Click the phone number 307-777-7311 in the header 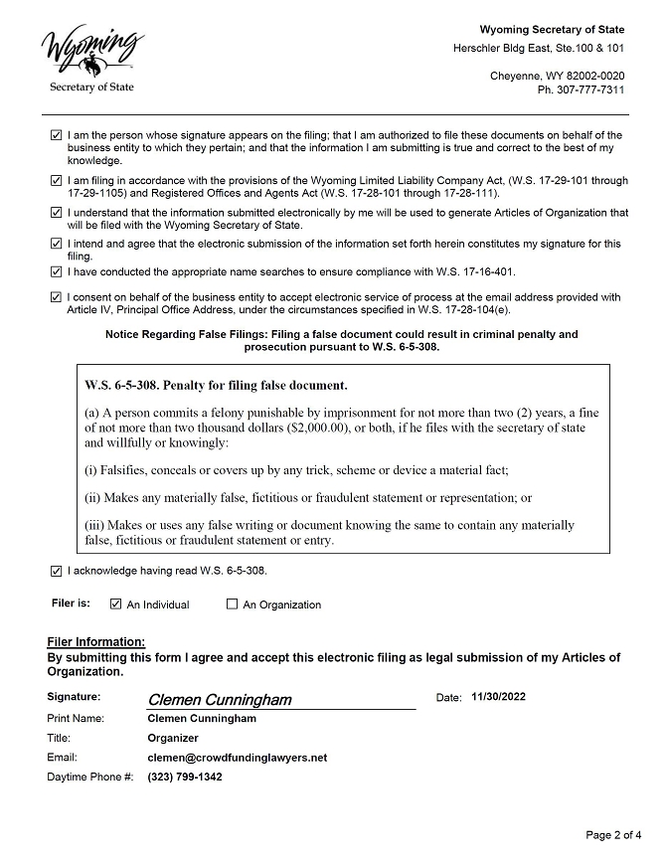click(581, 90)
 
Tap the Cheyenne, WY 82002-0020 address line click(557, 77)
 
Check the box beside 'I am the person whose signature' click(56, 135)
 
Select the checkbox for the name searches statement click(56, 271)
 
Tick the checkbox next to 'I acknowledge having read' click(56, 571)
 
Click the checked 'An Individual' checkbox click(116, 604)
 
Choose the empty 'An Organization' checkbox click(233, 604)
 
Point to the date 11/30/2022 click(499, 697)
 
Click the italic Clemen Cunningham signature click(220, 700)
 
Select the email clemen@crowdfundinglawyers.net click(237, 758)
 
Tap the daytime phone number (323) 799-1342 click(184, 777)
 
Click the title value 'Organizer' click(173, 738)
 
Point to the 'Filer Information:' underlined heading click(96, 642)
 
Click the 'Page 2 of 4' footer click(613, 835)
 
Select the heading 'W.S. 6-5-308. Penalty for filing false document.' click(216, 385)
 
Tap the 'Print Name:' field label click(76, 718)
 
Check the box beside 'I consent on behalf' click(56, 296)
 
